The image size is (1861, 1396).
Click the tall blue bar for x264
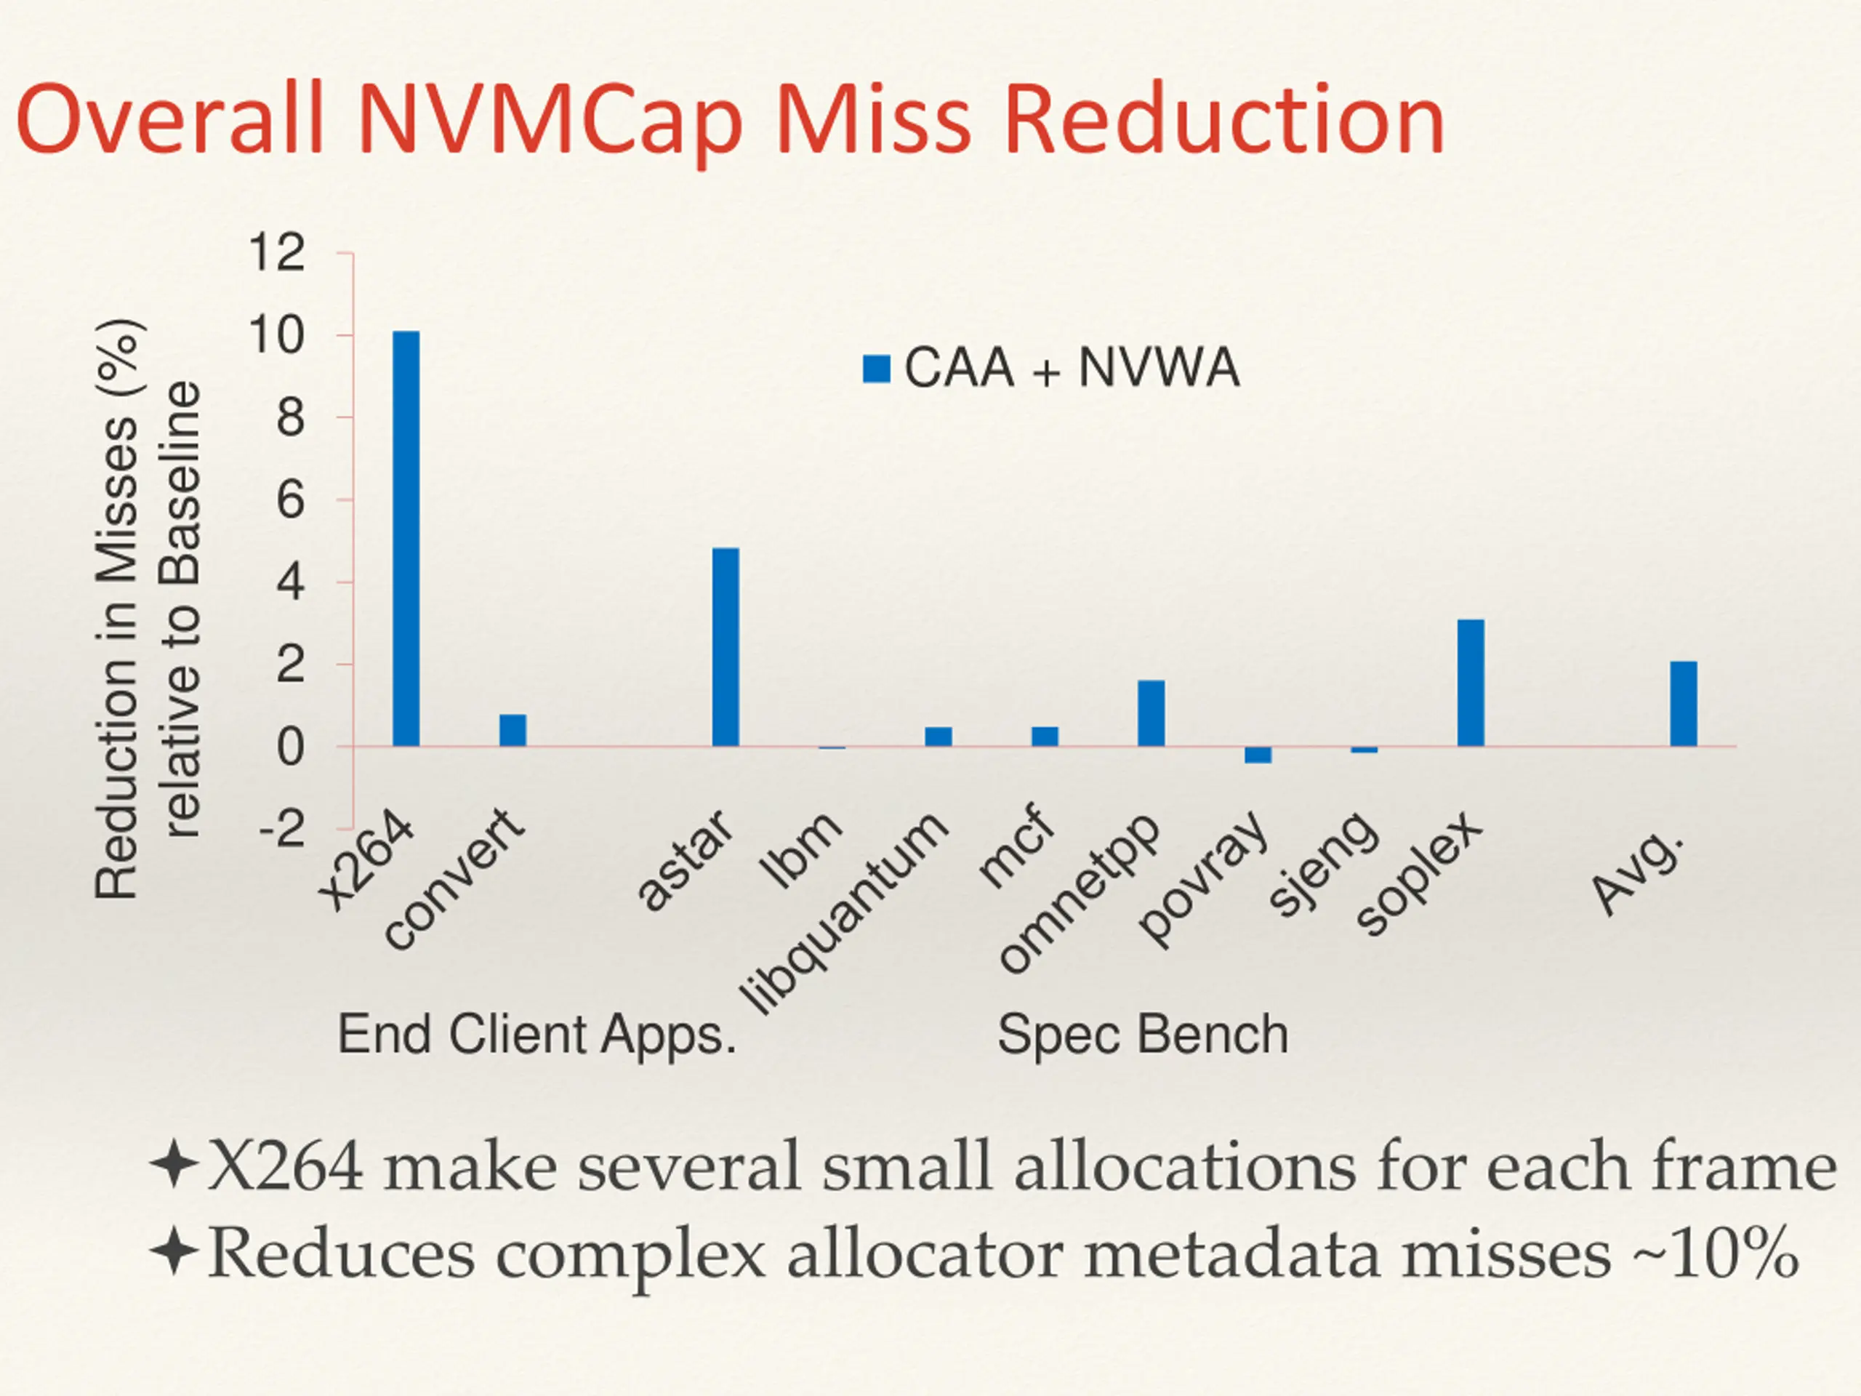(406, 539)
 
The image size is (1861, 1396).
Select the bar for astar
(725, 646)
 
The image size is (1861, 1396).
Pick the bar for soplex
(1471, 683)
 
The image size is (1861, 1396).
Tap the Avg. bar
(1684, 704)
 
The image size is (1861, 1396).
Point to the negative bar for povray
(1258, 755)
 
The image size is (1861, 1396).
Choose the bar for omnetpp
(1151, 713)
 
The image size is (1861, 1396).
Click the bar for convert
(513, 729)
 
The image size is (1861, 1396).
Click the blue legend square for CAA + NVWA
(877, 369)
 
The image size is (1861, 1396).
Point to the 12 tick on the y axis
(276, 252)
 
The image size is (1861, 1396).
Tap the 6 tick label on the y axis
(290, 501)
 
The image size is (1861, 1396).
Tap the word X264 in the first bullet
(285, 1167)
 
